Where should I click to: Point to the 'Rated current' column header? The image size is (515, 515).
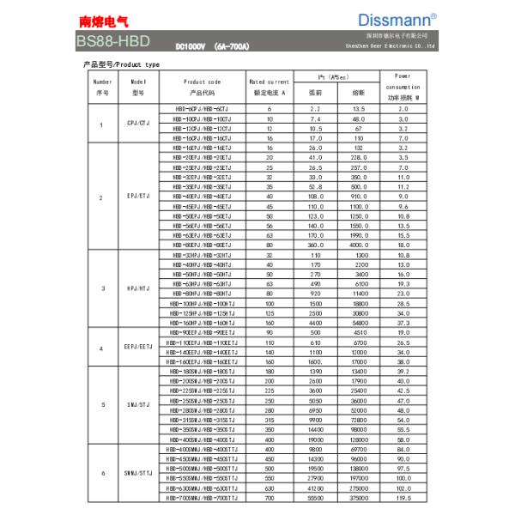[270, 87]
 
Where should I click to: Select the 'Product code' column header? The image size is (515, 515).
[203, 87]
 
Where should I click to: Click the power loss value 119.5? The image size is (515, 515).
[403, 497]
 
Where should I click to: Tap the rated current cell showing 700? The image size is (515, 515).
[270, 497]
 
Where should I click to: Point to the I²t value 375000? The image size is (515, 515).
[358, 497]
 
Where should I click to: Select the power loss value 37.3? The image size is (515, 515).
[403, 322]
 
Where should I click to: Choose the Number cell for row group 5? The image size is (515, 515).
[102, 403]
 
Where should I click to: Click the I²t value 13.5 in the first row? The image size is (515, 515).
[358, 109]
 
